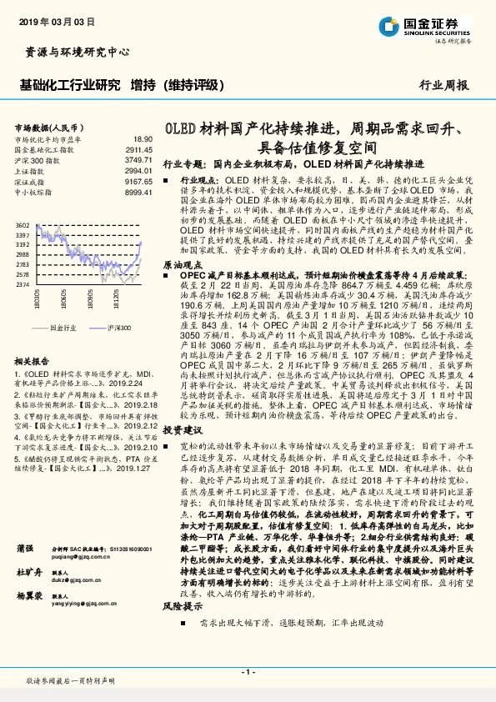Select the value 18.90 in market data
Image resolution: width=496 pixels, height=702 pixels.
click(143, 139)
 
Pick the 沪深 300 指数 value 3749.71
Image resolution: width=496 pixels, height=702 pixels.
click(139, 159)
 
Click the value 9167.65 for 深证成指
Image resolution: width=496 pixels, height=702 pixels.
click(139, 180)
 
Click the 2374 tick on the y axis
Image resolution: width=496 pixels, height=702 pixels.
click(23, 285)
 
